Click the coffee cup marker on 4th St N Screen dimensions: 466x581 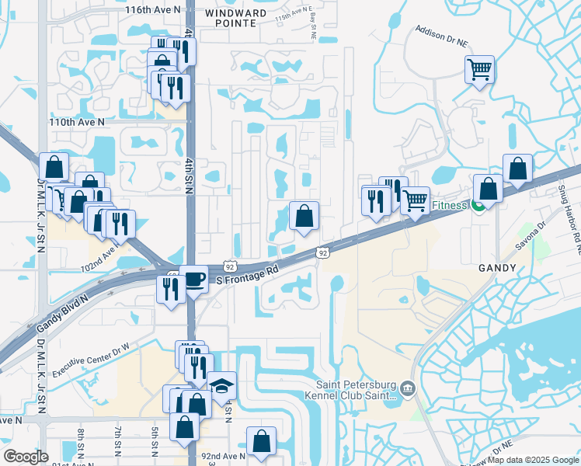(x=193, y=280)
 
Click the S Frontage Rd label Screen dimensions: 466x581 (x=248, y=277)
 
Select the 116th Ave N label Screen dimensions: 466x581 (x=152, y=9)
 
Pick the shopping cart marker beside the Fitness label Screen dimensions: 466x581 (x=415, y=201)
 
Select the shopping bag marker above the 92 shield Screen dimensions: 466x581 (x=304, y=216)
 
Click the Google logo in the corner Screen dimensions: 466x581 (x=26, y=457)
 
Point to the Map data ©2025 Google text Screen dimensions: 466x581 (x=533, y=460)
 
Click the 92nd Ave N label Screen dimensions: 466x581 (x=225, y=456)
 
